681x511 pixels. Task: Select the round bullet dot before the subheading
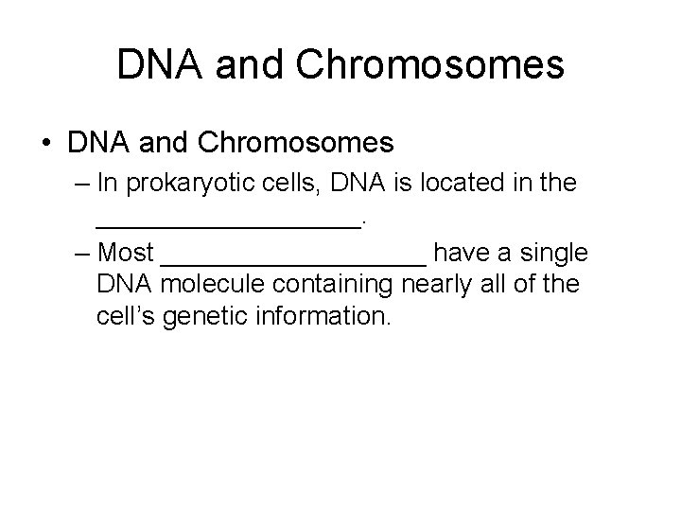46,145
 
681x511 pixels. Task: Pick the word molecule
219,284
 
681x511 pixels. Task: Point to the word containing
349,284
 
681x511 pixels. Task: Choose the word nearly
449,284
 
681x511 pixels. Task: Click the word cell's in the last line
127,315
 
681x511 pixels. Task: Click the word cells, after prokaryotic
285,185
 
